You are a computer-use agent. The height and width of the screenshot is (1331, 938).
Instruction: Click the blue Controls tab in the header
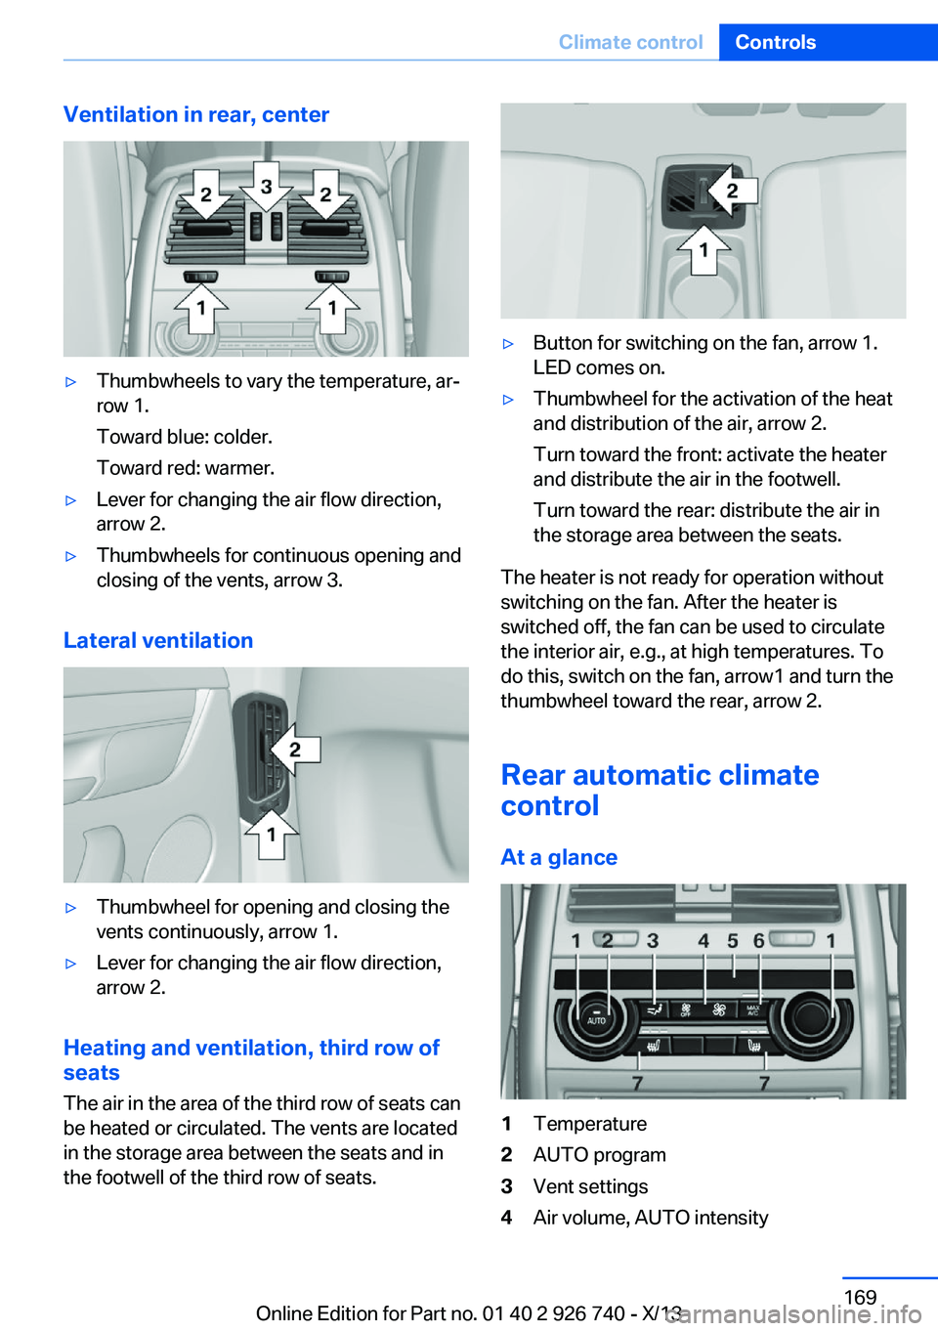point(775,42)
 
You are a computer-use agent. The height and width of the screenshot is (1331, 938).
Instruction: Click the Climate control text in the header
point(630,42)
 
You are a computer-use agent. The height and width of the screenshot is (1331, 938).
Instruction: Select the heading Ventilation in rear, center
point(196,114)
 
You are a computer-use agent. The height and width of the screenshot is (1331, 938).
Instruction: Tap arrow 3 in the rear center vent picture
point(266,186)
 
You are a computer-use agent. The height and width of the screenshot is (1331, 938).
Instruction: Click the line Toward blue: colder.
point(184,437)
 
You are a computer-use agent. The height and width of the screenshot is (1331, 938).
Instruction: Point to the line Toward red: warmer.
point(185,468)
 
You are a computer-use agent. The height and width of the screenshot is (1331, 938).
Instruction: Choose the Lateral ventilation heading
point(158,640)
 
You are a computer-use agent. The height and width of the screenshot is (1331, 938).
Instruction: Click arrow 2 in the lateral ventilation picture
point(293,750)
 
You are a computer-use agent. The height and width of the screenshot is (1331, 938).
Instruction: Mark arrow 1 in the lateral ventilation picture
point(271,835)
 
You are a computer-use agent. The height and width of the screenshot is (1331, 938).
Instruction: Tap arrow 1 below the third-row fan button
point(703,250)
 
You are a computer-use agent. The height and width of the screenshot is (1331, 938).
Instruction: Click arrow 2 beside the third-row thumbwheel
point(731,191)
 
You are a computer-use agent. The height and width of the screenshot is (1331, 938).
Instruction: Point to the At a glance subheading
point(559,857)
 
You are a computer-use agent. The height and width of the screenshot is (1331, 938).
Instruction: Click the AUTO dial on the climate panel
point(596,1017)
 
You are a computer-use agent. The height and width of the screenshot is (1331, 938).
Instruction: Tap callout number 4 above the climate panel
point(703,940)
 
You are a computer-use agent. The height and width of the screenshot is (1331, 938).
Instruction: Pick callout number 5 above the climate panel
point(732,940)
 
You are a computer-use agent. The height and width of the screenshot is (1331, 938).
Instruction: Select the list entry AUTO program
point(599,1155)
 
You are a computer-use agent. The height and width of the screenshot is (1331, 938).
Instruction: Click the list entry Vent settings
point(590,1186)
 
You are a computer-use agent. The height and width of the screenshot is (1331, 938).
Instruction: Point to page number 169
point(860,1297)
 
